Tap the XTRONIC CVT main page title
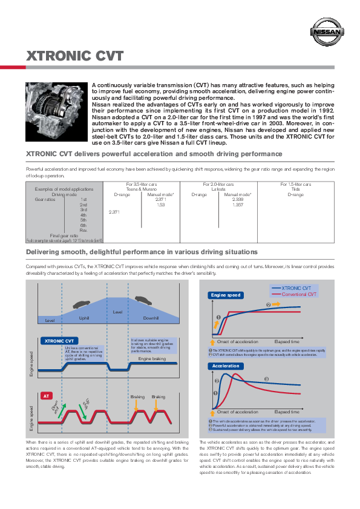point(76,57)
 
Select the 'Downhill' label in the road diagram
point(151,318)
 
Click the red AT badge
point(45,395)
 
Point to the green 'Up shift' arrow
point(85,402)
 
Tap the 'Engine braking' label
point(151,360)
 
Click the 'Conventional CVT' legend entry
point(299,294)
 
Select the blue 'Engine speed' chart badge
point(226,295)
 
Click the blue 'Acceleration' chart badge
point(226,366)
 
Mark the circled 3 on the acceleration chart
point(266,379)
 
